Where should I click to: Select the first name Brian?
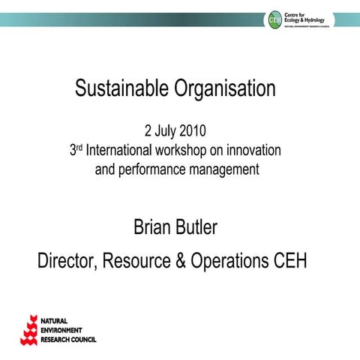(154, 226)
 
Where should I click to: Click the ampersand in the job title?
(179, 262)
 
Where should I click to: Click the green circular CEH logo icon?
(274, 19)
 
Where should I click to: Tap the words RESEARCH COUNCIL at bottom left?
(72, 339)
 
